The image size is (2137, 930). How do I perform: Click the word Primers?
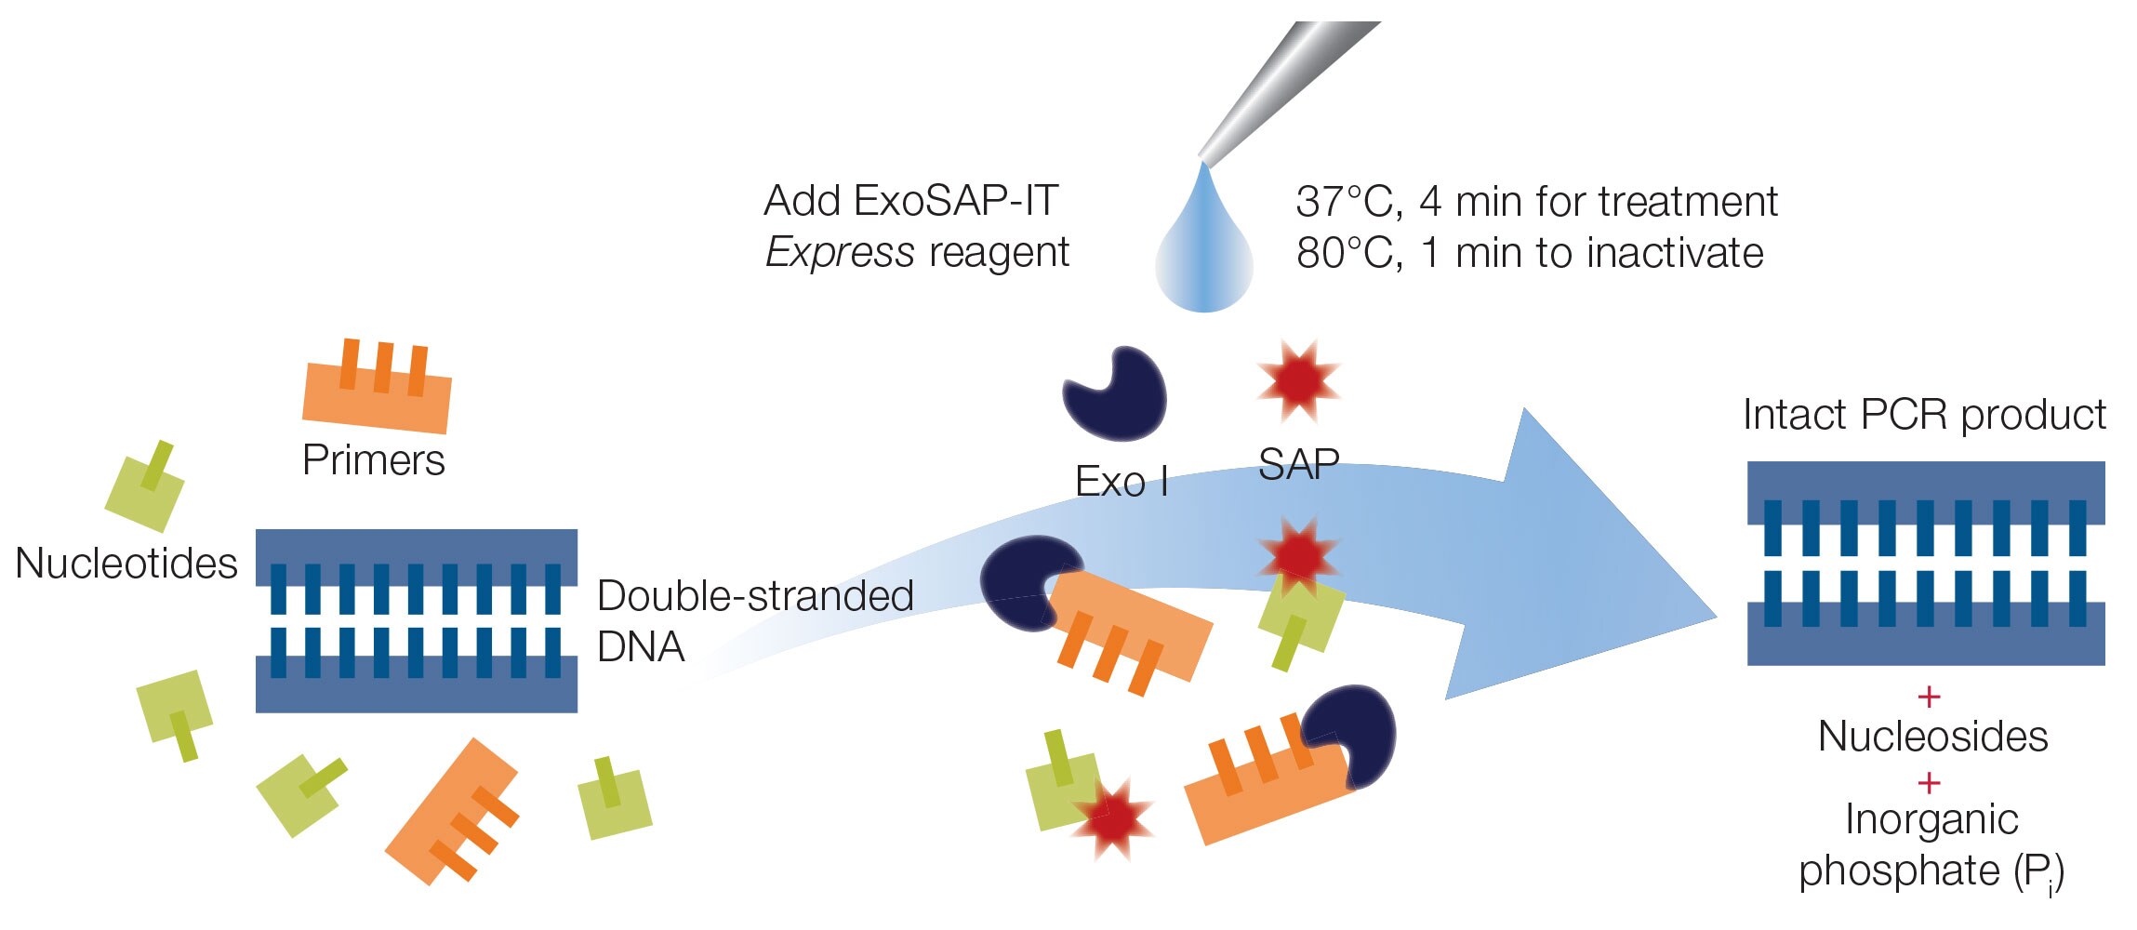click(x=374, y=460)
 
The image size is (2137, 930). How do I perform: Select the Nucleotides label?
click(x=126, y=563)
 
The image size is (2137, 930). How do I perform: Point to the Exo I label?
click(x=1121, y=482)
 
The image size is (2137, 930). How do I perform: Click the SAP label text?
click(x=1298, y=464)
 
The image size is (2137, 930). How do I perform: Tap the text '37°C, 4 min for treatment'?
click(x=1536, y=202)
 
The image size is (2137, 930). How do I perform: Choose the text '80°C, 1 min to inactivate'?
click(x=1530, y=253)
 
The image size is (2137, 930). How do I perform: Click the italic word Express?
click(x=840, y=253)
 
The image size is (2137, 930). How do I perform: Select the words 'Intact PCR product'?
click(x=1924, y=415)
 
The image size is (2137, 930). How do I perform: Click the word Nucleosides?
click(x=1932, y=737)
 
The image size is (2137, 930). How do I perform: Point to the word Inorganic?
click(x=1931, y=819)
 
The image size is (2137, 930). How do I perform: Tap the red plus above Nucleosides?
click(x=1929, y=696)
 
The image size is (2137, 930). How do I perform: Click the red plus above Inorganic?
click(x=1929, y=782)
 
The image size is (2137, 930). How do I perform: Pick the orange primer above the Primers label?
click(x=377, y=391)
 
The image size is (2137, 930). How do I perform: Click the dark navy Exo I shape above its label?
click(x=1116, y=392)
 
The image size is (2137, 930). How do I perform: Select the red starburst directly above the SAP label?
click(x=1299, y=380)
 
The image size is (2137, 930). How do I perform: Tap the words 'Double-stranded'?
click(x=755, y=596)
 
